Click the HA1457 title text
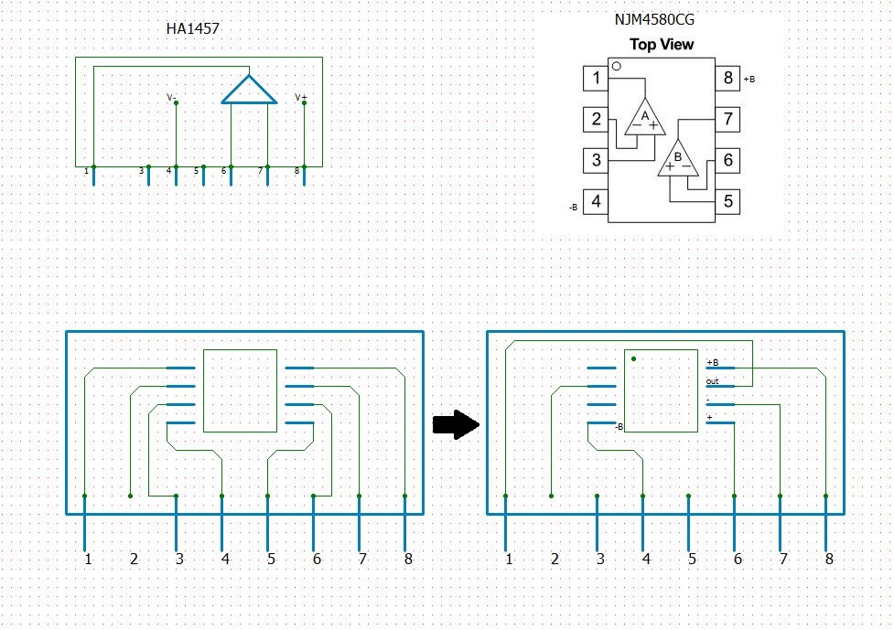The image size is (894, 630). [192, 29]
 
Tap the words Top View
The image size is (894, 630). [662, 44]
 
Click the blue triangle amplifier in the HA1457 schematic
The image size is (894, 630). [249, 91]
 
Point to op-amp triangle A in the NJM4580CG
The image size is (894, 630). [645, 117]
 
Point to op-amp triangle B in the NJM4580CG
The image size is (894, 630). [678, 159]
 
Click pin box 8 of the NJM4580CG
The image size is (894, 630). [727, 78]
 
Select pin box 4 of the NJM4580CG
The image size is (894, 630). [597, 201]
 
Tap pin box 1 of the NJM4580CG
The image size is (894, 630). [597, 78]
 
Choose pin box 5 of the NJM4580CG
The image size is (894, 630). [727, 201]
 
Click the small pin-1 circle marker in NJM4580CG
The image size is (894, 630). [617, 66]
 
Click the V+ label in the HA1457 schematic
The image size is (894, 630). [300, 96]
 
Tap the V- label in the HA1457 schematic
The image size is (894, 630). [171, 96]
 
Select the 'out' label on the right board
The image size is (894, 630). [712, 381]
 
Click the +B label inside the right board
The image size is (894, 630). [712, 362]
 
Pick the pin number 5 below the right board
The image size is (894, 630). [692, 559]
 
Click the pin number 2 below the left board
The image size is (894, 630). [134, 559]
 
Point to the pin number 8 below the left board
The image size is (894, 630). [407, 559]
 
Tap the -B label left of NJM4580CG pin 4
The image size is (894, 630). [573, 208]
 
